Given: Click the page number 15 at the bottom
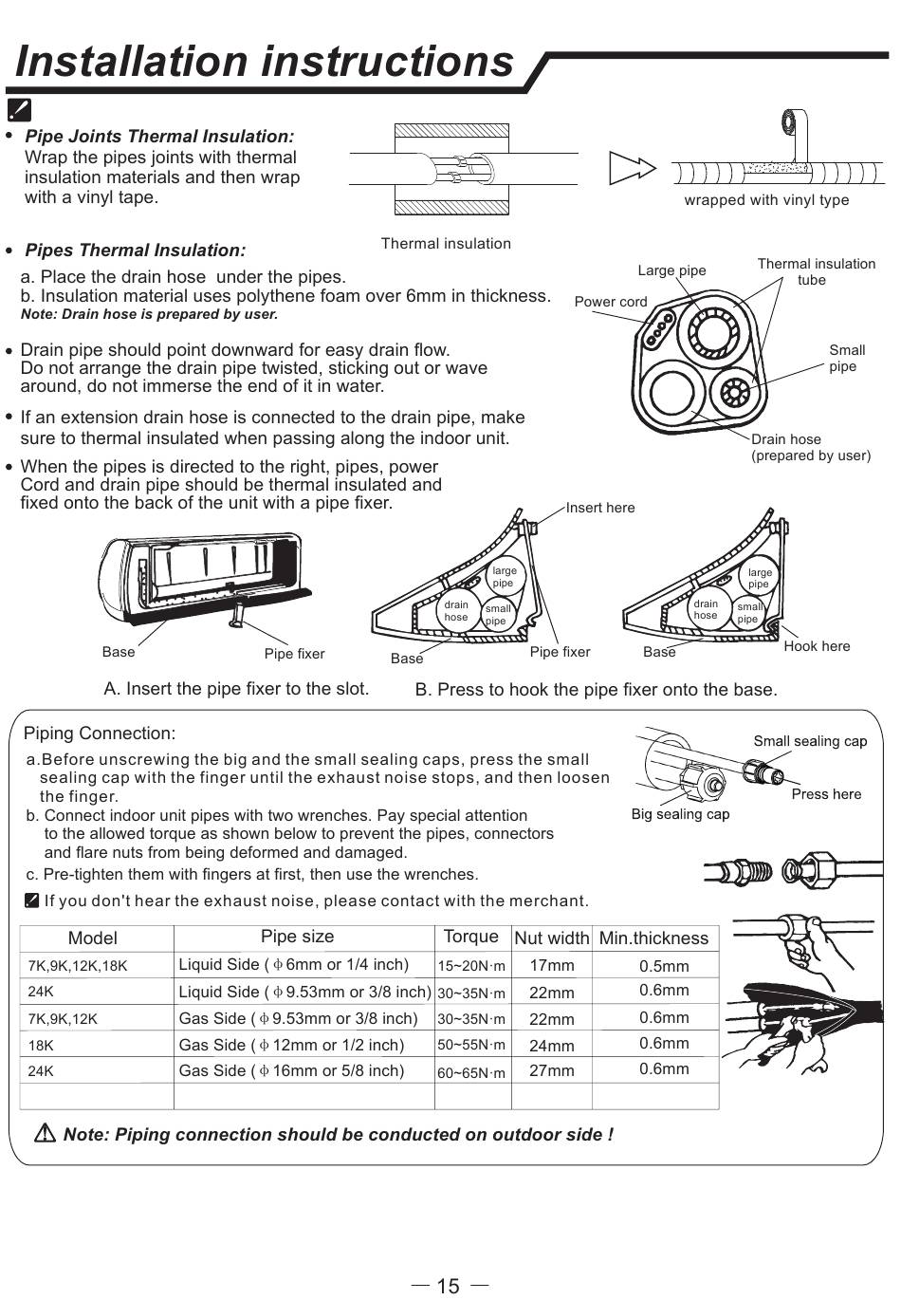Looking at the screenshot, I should point(449,1286).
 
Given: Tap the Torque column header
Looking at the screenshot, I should point(471,937).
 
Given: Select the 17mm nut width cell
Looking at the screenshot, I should point(552,966).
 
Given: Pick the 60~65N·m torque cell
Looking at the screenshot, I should point(471,1073).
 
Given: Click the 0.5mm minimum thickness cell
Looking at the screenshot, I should point(664,966).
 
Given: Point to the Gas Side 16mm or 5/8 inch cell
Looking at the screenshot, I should point(291,1070).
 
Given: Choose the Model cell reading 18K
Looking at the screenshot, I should point(41,1045).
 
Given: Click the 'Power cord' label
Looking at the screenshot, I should point(611,302).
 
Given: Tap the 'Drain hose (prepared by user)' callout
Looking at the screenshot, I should point(810,447).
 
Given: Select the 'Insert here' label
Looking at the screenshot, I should point(600,508).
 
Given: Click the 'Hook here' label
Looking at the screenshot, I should point(817,646).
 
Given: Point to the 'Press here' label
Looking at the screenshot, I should point(826,794).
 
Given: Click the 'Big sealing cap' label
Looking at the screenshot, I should point(680,814).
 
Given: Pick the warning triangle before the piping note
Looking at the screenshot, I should point(45,1133).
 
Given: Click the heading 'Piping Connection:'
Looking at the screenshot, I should point(100,734).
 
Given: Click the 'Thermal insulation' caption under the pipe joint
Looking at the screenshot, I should point(446,244).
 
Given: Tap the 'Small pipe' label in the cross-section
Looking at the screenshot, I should point(846,358).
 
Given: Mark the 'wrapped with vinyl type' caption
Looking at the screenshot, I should point(766,200).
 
